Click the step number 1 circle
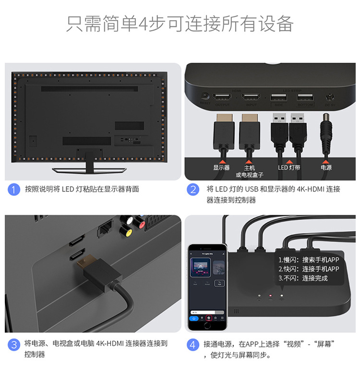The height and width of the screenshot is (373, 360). [14, 190]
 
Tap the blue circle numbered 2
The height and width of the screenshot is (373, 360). [193, 190]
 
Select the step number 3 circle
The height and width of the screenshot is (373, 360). [14, 344]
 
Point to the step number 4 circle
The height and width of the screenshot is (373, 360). [193, 344]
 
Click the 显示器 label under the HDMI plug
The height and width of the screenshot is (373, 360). [221, 168]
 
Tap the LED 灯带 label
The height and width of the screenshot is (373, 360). [289, 168]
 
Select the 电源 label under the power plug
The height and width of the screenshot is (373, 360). [326, 168]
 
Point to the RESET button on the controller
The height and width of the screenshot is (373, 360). [205, 96]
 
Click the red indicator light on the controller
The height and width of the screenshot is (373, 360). [270, 295]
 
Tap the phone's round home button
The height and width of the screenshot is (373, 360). [207, 325]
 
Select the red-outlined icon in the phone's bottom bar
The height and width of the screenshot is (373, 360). [209, 318]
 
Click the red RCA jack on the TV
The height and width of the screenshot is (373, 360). [140, 222]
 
